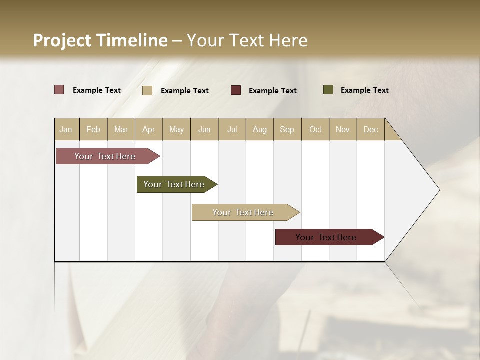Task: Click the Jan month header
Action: pyautogui.click(x=66, y=129)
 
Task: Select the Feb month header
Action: pyautogui.click(x=93, y=129)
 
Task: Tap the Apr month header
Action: pyautogui.click(x=148, y=129)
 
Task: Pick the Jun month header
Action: pyautogui.click(x=204, y=129)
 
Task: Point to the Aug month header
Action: pyautogui.click(x=259, y=129)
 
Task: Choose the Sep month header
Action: pyautogui.click(x=287, y=129)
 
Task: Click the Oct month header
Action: pyautogui.click(x=315, y=129)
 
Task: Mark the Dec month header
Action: pyautogui.click(x=370, y=129)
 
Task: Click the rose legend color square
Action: pyautogui.click(x=59, y=90)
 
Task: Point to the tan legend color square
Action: pyautogui.click(x=147, y=90)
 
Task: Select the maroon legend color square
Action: pyautogui.click(x=236, y=90)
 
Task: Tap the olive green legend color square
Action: pyautogui.click(x=328, y=90)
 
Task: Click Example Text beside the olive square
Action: pyautogui.click(x=364, y=90)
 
